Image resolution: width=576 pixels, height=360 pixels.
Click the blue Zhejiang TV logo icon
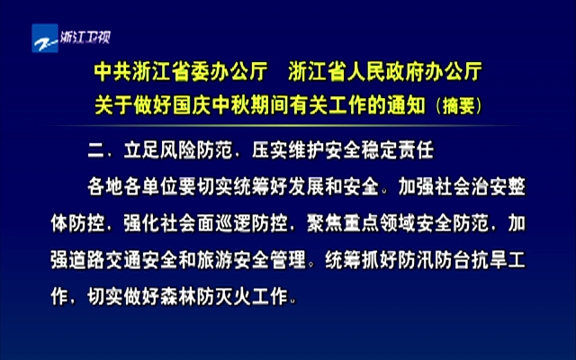[x=45, y=39]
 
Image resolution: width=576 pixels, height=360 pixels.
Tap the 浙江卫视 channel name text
[x=85, y=37]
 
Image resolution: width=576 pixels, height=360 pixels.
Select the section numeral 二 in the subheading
[x=96, y=150]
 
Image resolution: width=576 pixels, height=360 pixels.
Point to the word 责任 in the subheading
[x=416, y=150]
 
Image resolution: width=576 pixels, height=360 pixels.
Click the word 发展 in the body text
[x=306, y=187]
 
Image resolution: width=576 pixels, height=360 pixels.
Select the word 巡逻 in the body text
[x=233, y=224]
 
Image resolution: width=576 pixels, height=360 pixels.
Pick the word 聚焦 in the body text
[x=324, y=224]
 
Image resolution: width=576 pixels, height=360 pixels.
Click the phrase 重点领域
[x=379, y=224]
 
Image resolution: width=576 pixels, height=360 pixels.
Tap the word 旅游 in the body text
[x=214, y=260]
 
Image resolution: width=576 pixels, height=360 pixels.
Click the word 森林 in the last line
[x=178, y=296]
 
